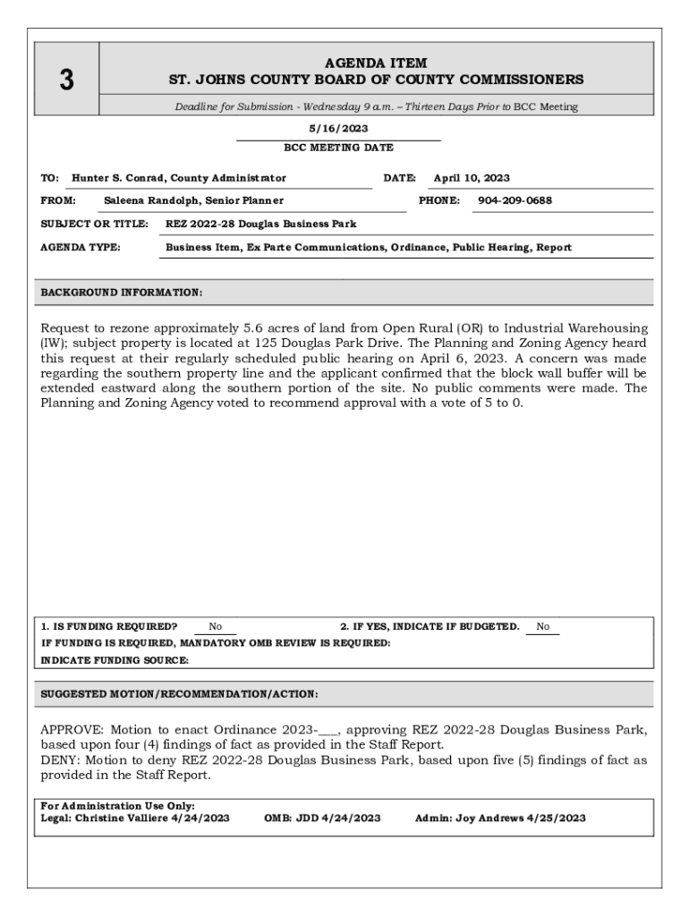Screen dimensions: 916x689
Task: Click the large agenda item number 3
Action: click(x=66, y=81)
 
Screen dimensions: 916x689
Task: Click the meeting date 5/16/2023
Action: click(x=338, y=129)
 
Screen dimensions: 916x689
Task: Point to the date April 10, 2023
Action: click(x=472, y=178)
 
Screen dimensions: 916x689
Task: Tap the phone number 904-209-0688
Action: click(x=515, y=200)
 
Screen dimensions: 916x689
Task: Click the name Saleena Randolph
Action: click(x=148, y=200)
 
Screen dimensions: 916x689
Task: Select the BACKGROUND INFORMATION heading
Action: click(x=122, y=293)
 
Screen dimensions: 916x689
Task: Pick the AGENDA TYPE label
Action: click(x=81, y=247)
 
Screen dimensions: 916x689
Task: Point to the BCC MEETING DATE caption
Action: click(x=338, y=148)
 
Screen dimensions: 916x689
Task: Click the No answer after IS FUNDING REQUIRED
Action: click(x=216, y=627)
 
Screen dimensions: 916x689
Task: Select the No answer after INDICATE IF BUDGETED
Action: click(x=543, y=627)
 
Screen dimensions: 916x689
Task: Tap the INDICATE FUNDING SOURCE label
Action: click(x=115, y=660)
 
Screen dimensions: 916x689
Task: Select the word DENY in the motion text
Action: click(x=59, y=759)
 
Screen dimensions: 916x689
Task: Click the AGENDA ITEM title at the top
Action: click(x=376, y=64)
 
